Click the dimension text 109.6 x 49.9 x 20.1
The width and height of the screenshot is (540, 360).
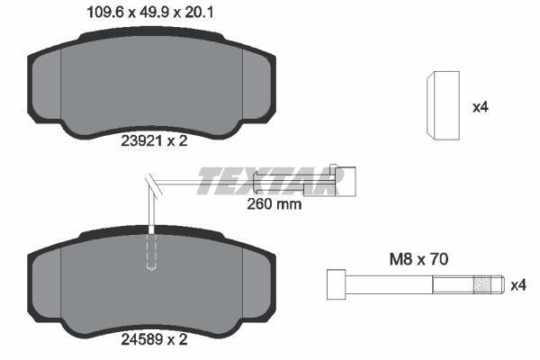pos(150,13)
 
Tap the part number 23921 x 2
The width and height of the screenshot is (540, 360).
pos(154,141)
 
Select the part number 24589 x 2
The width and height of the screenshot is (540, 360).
pos(154,339)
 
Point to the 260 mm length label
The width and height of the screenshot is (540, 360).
pos(274,204)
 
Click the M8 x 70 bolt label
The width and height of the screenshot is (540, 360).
pos(418,259)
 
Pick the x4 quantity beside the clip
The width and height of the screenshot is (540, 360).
pos(481,107)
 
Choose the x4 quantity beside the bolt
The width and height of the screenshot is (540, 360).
pos(518,285)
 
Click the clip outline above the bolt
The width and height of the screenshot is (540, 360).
pos(443,105)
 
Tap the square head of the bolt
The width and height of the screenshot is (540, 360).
pos(336,284)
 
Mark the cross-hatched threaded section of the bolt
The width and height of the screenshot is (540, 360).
pos(482,285)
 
